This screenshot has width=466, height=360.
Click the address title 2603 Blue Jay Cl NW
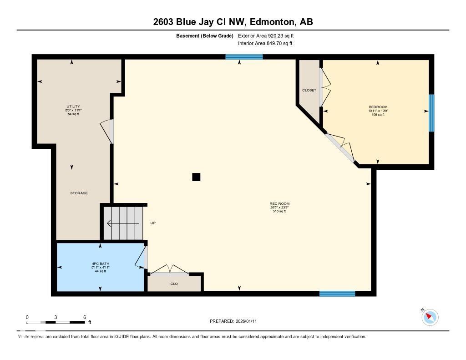[233, 22]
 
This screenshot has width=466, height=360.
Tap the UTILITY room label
[73, 106]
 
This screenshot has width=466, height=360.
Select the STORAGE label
[79, 193]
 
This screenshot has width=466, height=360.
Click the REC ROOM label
[279, 204]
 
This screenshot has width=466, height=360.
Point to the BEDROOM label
[378, 107]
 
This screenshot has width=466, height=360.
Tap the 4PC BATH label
[100, 264]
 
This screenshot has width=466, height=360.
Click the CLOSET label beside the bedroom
[309, 90]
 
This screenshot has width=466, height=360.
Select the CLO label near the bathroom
[174, 284]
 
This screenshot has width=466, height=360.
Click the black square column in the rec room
[196, 177]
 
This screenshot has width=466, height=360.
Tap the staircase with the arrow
[122, 223]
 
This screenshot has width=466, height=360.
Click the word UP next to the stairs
[153, 223]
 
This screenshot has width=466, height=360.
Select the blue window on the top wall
[244, 57]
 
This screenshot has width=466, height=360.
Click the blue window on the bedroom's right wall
[431, 113]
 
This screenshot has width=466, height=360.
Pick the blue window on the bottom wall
[337, 294]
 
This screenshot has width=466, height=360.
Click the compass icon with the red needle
[430, 317]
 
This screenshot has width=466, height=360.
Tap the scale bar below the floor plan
[56, 322]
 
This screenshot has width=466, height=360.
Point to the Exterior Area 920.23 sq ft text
[269, 35]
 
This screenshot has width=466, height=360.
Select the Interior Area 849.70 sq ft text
[265, 44]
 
